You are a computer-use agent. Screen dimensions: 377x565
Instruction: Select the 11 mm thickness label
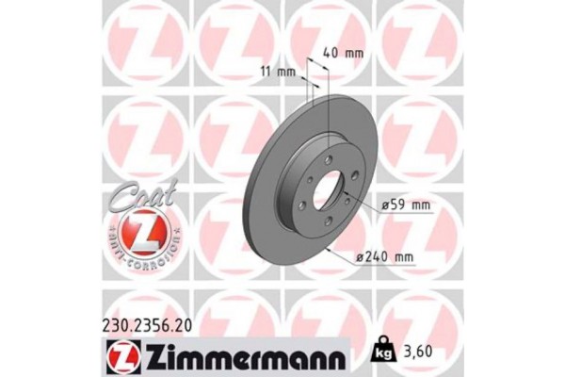tap(275, 72)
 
